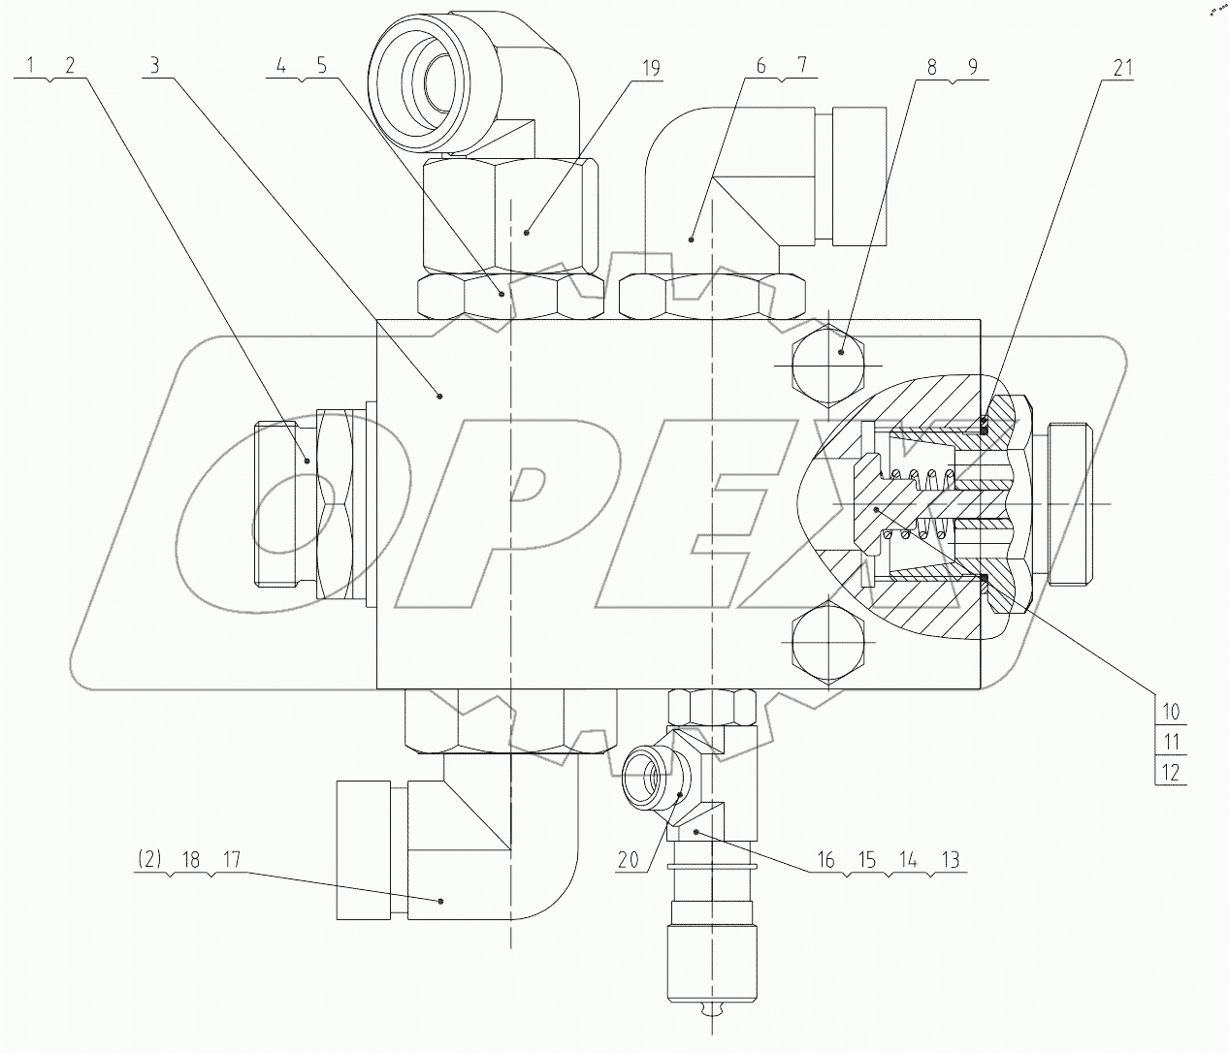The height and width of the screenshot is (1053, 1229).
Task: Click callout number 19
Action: pos(650,68)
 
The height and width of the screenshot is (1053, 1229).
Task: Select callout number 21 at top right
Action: pos(1123,68)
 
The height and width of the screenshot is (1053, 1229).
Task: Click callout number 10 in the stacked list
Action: pos(1171,712)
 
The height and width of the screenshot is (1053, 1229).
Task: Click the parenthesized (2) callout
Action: pos(148,859)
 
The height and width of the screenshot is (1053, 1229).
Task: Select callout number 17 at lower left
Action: pos(232,859)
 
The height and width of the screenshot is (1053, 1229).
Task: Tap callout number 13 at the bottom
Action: pos(950,859)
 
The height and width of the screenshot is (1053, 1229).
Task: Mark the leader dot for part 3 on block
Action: pos(439,395)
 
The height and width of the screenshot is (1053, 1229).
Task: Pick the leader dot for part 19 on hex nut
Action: pos(526,232)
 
